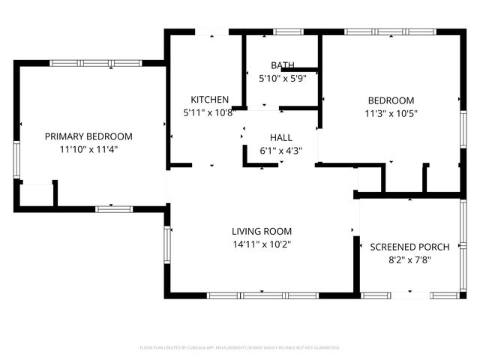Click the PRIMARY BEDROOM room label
[88, 136]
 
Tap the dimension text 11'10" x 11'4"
[88, 149]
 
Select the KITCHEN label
[209, 100]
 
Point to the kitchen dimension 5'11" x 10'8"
[209, 112]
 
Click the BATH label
[283, 65]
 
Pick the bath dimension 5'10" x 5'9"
[283, 77]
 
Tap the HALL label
[281, 138]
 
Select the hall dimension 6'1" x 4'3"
[281, 150]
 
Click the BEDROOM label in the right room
[390, 100]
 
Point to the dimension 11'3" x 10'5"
[390, 113]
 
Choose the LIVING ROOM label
[261, 232]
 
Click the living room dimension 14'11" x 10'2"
[261, 244]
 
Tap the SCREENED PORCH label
[410, 247]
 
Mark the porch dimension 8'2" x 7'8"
[410, 259]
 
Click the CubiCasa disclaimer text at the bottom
[240, 347]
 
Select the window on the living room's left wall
[168, 243]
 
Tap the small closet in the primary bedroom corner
[36, 193]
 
